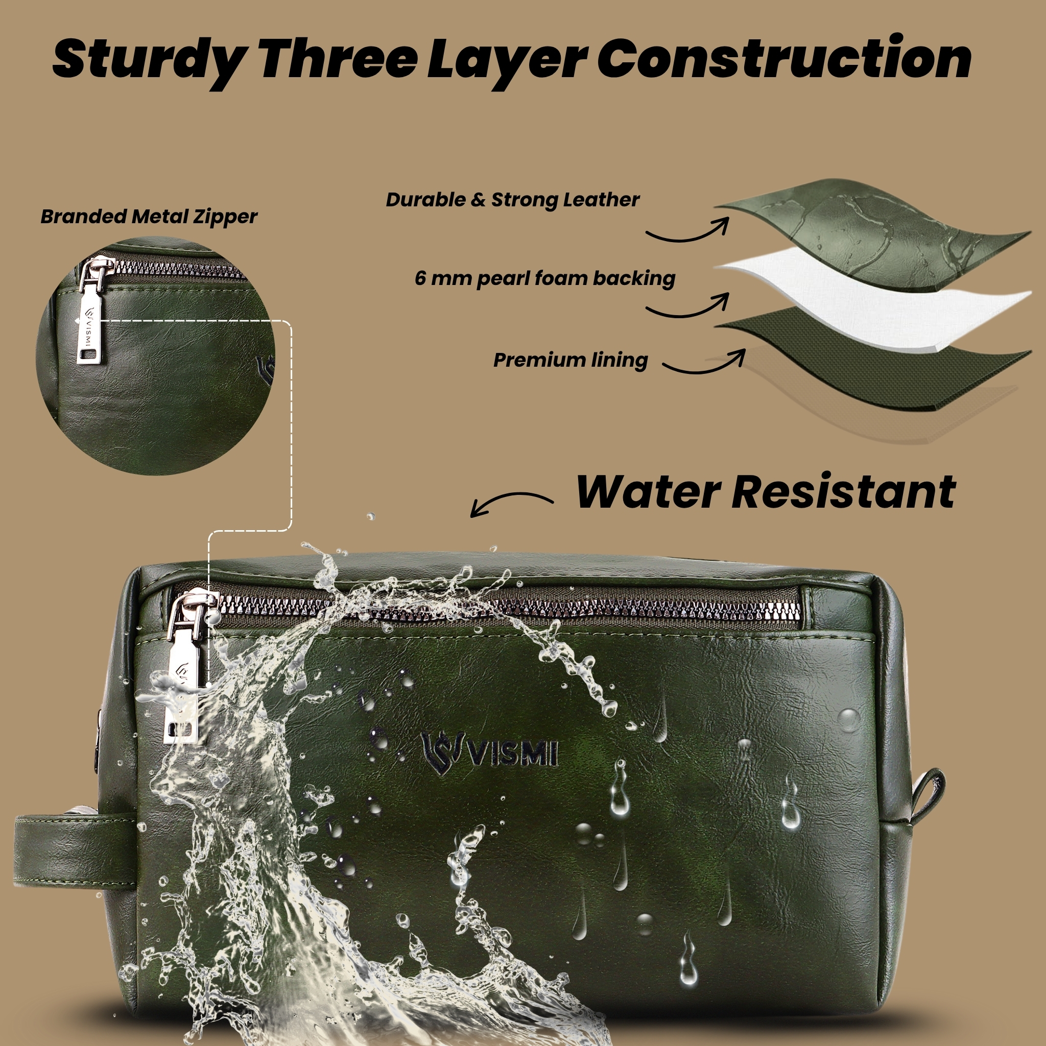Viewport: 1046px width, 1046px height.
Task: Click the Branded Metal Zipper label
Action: click(149, 217)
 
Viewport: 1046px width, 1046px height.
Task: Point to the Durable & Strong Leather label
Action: click(513, 200)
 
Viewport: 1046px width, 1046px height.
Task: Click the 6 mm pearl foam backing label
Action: click(545, 279)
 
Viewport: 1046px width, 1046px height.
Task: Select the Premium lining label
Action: click(570, 360)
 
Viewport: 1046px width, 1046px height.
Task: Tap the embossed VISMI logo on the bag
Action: click(489, 754)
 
